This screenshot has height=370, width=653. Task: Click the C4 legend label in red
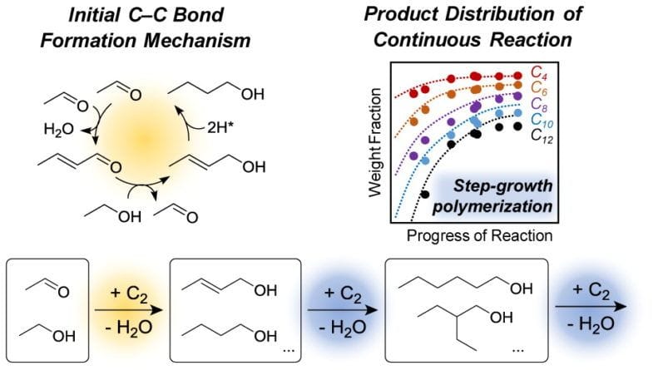click(539, 73)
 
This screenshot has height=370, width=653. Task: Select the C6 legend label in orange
click(539, 88)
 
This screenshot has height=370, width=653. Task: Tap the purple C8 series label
click(539, 105)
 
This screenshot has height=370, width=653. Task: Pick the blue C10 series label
click(542, 121)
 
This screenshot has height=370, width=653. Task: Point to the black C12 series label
click(542, 136)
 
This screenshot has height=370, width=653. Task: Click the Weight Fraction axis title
click(375, 142)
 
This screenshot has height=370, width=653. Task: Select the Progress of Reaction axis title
click(479, 235)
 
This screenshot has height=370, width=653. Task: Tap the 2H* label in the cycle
click(220, 128)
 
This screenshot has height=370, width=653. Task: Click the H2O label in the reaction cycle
click(59, 130)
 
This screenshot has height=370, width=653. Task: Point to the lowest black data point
click(425, 195)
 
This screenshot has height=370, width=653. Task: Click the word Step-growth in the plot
click(502, 185)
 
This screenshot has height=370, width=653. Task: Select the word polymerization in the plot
click(492, 206)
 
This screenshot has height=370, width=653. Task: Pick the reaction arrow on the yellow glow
click(128, 310)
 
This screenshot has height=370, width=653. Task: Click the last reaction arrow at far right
click(591, 307)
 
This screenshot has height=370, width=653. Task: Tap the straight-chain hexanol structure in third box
click(466, 284)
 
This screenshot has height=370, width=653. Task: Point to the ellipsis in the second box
click(289, 350)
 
